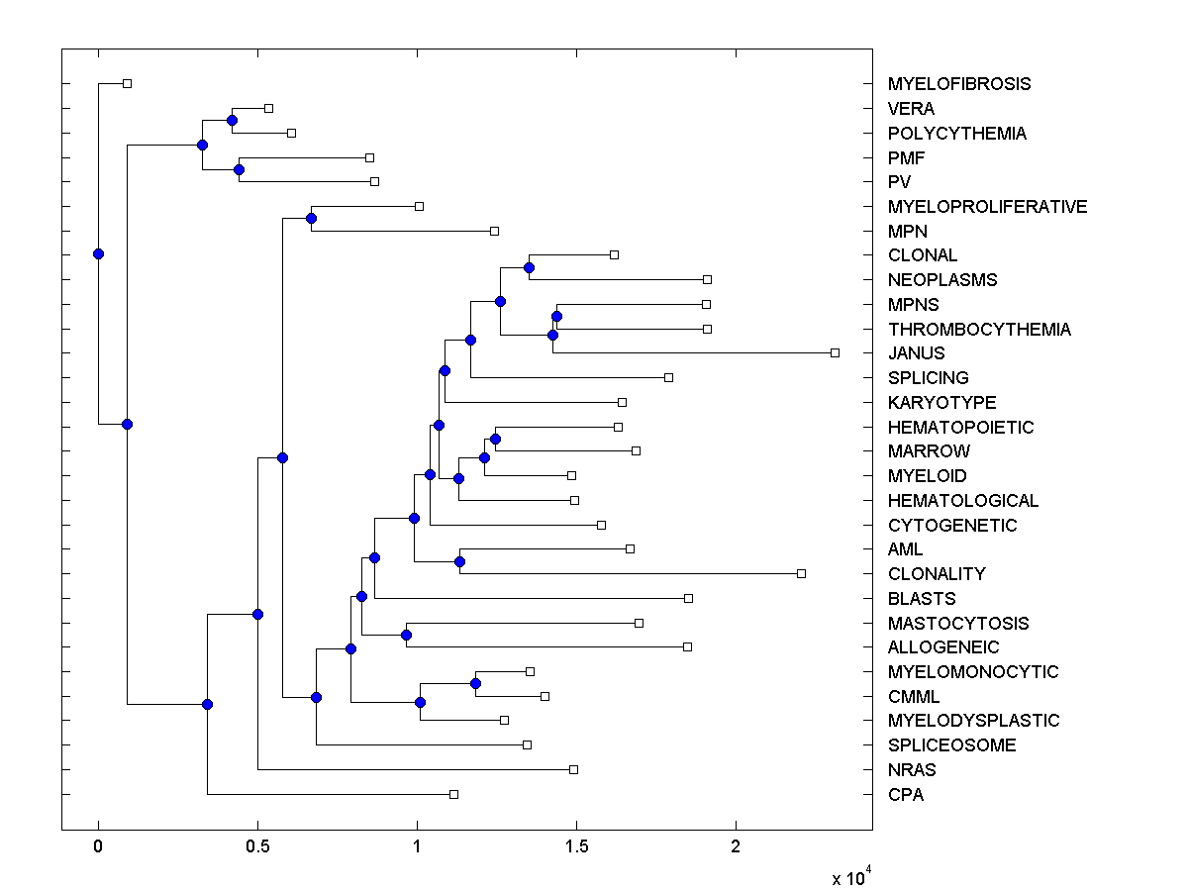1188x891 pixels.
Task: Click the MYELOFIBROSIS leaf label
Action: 958,84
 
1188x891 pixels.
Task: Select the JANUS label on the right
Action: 916,353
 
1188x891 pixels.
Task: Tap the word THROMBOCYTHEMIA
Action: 979,329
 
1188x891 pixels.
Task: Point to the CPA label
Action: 905,794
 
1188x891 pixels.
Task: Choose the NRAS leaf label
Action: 911,769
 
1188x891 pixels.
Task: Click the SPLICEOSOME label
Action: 951,745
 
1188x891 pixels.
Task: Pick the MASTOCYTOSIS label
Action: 957,623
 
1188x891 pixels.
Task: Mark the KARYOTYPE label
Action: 941,402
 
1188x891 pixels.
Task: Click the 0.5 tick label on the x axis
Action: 257,846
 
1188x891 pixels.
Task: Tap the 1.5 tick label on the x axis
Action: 576,846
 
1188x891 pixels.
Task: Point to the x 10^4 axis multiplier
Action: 850,876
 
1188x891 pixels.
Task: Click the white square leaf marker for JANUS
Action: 835,352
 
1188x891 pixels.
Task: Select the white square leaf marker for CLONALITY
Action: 802,573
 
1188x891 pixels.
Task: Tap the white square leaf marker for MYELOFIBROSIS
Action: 127,83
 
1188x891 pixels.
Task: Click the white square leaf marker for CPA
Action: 453,794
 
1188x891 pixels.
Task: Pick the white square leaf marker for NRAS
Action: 573,769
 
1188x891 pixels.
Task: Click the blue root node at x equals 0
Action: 98,253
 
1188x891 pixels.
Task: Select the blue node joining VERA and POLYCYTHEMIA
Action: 232,120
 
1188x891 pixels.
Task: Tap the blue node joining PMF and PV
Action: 239,169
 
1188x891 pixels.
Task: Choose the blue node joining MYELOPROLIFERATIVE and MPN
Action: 311,218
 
